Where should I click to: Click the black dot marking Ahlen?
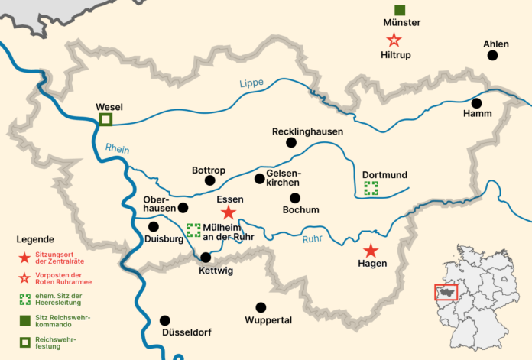click(x=492, y=56)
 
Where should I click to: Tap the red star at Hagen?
click(x=371, y=251)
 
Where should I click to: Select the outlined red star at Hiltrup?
click(x=394, y=40)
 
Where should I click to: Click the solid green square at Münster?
click(x=400, y=10)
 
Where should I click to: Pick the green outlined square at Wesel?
click(x=105, y=119)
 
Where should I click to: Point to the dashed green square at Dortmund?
click(x=371, y=188)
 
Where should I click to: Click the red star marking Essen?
click(x=229, y=213)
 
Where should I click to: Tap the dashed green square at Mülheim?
click(x=193, y=229)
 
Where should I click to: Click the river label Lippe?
click(x=251, y=84)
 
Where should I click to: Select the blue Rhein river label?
click(x=117, y=149)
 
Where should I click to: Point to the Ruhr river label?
click(x=313, y=238)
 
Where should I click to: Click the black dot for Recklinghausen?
click(x=290, y=143)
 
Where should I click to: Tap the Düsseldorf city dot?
click(x=164, y=320)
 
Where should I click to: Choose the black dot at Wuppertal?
click(x=261, y=307)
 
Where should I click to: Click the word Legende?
click(x=35, y=239)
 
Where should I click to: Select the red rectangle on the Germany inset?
click(x=446, y=291)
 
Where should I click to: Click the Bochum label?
click(x=300, y=209)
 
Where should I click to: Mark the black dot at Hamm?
click(x=477, y=103)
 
